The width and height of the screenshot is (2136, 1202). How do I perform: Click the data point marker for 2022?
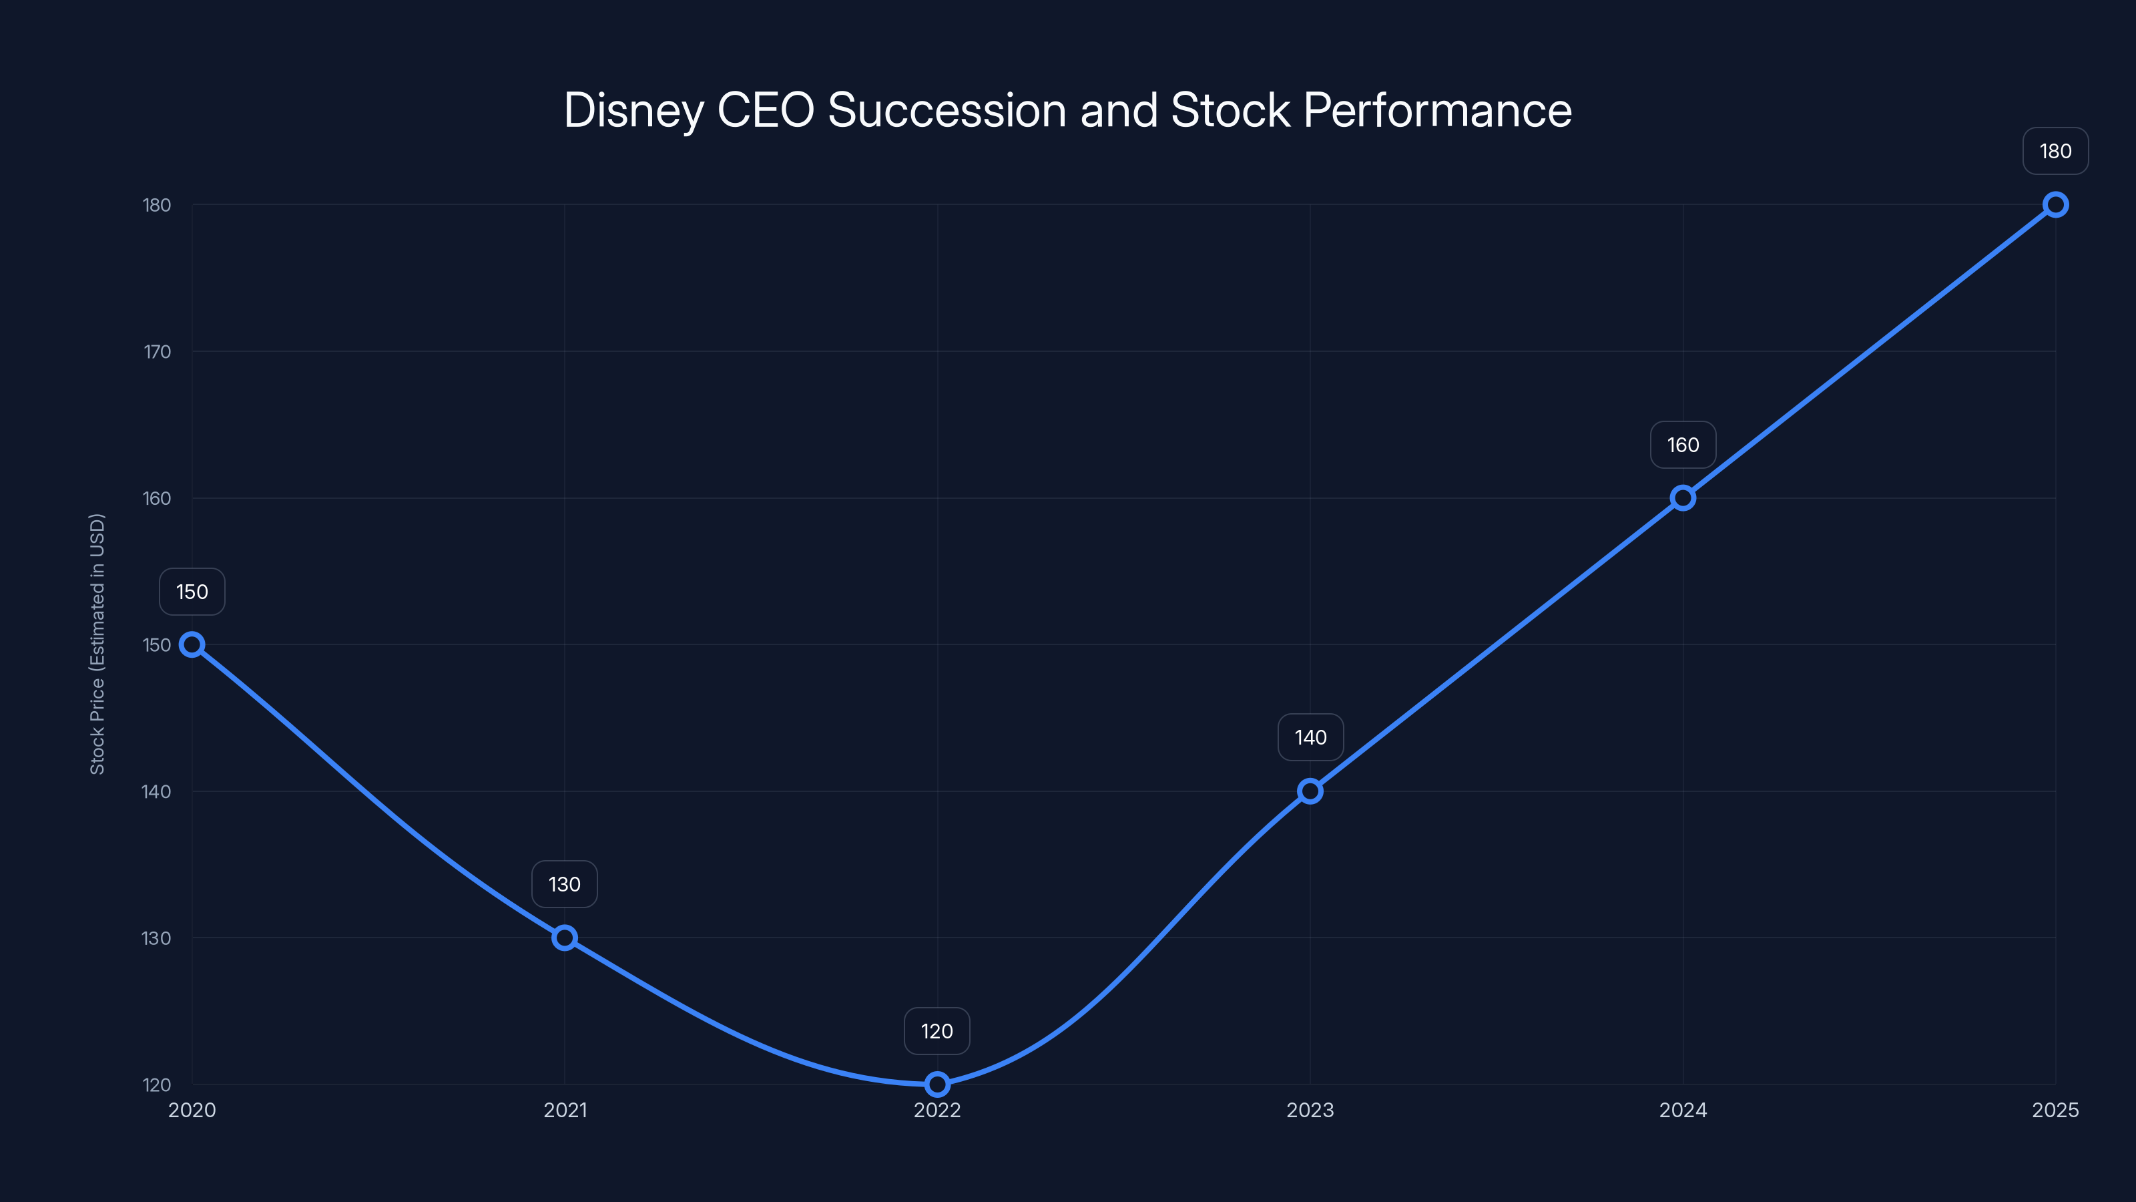coord(937,1084)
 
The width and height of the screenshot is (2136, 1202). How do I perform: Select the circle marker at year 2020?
coord(192,644)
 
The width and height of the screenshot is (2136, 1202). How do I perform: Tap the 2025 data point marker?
coord(2056,205)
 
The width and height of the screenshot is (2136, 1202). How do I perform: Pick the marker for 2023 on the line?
coord(1310,791)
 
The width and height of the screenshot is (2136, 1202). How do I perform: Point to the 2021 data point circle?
coord(565,938)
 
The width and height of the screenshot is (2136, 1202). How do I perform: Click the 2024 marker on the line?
coord(1682,497)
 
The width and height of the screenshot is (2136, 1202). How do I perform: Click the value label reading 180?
coord(2056,151)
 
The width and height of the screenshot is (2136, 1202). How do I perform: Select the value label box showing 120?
coord(937,1031)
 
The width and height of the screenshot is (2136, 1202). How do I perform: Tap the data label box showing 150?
coord(192,592)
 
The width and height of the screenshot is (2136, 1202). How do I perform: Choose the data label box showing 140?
coord(1310,737)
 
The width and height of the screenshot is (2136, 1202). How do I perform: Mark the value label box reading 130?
coord(565,884)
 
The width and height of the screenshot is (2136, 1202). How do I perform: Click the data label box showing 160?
coord(1682,445)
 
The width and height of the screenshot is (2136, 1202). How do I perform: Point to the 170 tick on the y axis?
coord(157,352)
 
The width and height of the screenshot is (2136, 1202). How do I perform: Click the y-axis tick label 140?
coord(157,791)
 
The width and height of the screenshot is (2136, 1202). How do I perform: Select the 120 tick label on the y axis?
coord(157,1084)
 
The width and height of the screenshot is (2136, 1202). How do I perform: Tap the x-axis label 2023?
coord(1310,1110)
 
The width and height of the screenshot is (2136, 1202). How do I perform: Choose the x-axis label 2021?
coord(565,1110)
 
